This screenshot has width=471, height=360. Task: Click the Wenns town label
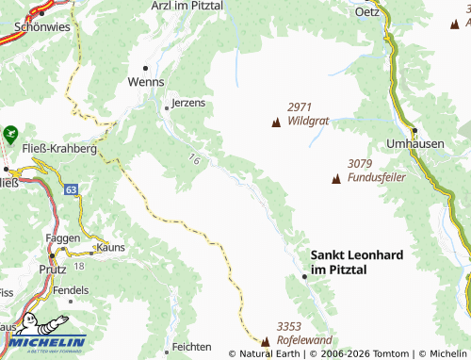[x=145, y=82]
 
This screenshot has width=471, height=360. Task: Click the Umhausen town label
[x=414, y=143]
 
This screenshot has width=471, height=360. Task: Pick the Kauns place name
[x=110, y=246]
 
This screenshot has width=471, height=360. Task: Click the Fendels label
[x=71, y=290]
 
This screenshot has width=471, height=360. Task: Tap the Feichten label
[x=191, y=347]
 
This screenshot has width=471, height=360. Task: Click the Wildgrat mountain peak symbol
[x=276, y=123]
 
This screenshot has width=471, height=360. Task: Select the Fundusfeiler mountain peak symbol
[x=335, y=178]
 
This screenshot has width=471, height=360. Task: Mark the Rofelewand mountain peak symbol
[x=265, y=340]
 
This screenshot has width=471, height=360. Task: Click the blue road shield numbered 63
[x=72, y=189]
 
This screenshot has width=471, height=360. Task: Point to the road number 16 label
[x=194, y=159]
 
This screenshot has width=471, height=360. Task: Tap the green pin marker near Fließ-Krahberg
[x=10, y=135]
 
